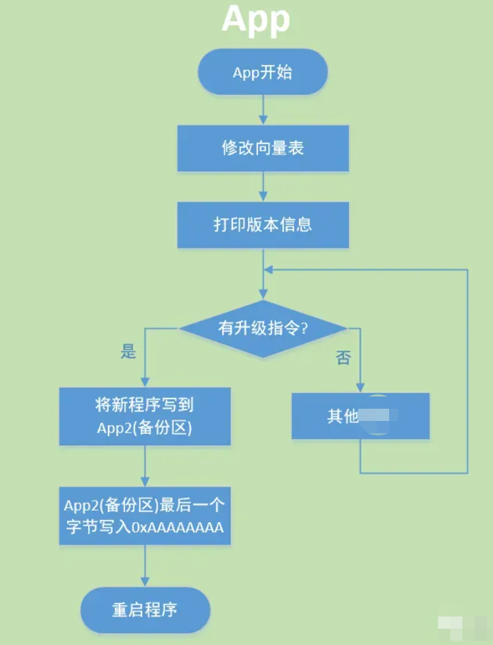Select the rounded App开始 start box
263,72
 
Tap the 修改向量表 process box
263,148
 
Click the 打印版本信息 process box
263,225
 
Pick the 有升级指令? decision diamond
263,329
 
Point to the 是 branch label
128,351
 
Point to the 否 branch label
344,358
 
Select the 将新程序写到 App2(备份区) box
145,416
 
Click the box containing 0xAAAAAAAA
145,516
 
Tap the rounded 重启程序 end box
145,610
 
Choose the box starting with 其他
361,416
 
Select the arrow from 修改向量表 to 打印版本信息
263,186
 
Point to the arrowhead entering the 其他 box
361,387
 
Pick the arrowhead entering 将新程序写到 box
145,382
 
